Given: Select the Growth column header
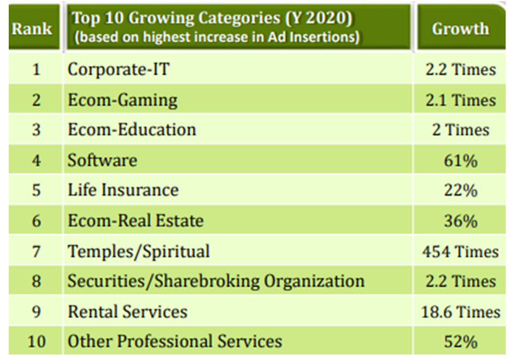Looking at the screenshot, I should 460,28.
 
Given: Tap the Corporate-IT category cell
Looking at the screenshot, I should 119,70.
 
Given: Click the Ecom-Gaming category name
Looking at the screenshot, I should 122,100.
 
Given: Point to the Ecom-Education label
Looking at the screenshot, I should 132,130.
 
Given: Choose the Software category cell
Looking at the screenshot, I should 102,160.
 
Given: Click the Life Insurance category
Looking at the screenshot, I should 123,190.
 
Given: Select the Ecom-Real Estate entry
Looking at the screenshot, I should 135,220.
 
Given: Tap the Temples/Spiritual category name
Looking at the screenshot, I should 138,251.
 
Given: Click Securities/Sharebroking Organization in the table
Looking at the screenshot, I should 216,281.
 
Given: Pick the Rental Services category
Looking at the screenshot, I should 127,312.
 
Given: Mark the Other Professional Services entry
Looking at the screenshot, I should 175,342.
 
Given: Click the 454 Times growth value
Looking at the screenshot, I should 460,252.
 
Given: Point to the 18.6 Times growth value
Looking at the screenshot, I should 460,312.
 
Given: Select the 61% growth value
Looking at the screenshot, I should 460,161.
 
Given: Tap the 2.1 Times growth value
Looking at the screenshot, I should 460,101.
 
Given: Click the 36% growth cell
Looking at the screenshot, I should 460,221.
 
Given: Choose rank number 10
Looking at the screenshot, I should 36,342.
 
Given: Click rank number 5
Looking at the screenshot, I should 36,190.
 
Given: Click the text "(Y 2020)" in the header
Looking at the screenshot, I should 316,18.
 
